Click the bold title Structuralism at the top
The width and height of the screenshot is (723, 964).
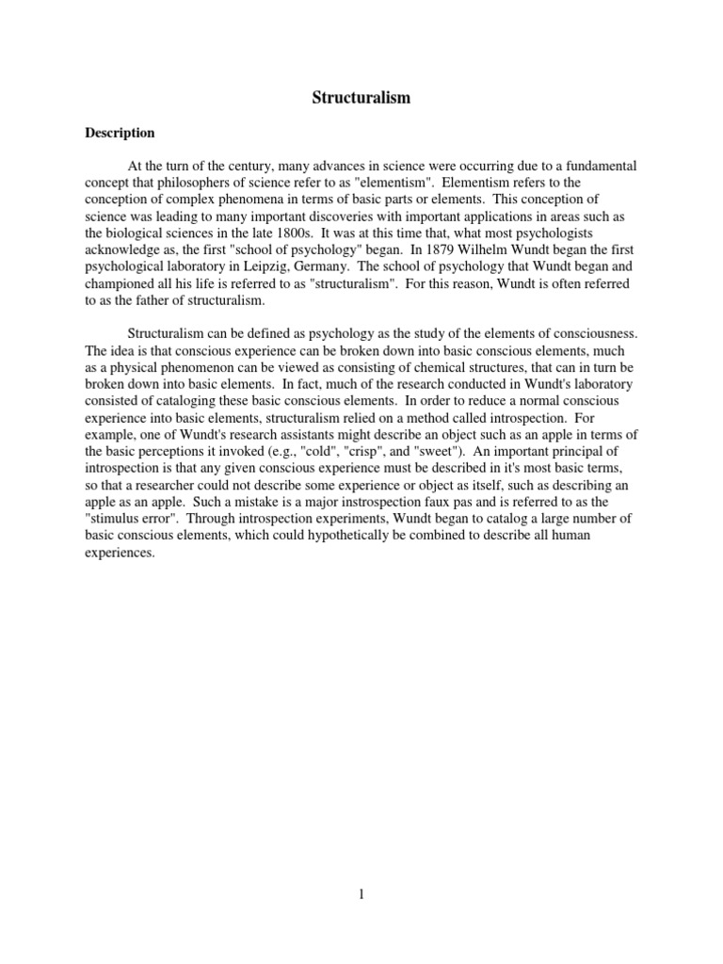[x=361, y=97]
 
